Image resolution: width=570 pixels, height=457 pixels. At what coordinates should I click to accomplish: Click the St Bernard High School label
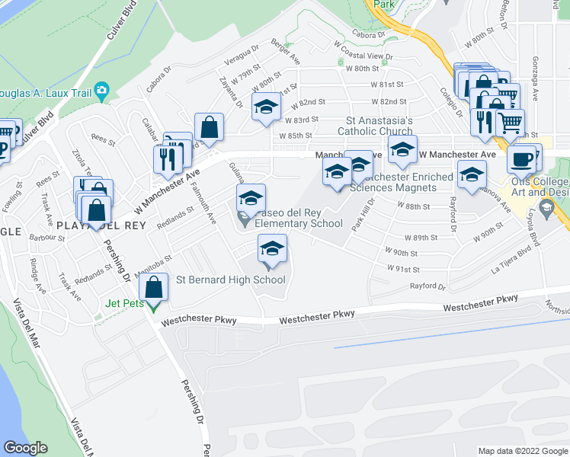point(230,280)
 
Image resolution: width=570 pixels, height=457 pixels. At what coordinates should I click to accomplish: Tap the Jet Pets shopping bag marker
point(154,288)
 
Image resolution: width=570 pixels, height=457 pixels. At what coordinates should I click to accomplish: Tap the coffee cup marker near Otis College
point(521,159)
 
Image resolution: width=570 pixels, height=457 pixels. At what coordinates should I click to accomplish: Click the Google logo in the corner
point(25,447)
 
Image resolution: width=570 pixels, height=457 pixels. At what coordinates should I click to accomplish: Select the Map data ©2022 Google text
point(522,451)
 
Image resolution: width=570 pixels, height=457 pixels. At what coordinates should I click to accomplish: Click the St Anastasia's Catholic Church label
point(379,126)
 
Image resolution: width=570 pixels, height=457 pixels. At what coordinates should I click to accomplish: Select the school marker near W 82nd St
point(266,107)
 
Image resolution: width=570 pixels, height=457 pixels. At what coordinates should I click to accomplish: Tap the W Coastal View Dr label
point(363,56)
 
